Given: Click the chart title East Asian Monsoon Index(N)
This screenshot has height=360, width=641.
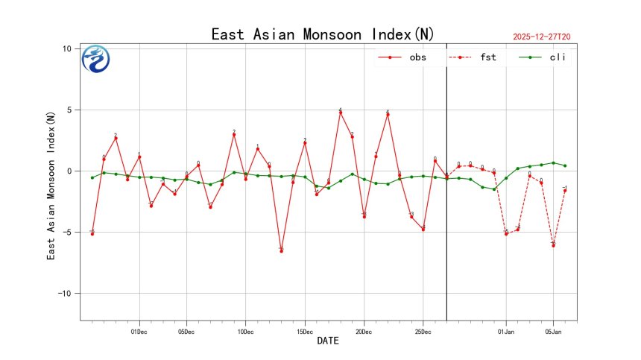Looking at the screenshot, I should [x=322, y=34].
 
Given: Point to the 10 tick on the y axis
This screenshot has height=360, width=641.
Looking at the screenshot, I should [x=66, y=48].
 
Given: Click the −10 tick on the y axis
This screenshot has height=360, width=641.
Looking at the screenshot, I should [x=63, y=294].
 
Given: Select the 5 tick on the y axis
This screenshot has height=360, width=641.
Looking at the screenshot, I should [x=68, y=110].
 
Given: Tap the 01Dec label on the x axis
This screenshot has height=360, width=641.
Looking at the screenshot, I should [x=139, y=331].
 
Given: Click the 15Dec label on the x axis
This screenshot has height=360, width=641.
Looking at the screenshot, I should [x=304, y=331].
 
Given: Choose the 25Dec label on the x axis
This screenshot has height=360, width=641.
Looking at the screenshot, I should [x=423, y=331].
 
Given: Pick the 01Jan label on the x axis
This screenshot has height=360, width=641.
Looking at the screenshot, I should [x=506, y=331].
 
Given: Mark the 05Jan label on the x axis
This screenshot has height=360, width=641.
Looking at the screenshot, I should [x=553, y=331].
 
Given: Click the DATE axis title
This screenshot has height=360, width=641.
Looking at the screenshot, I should [x=328, y=341].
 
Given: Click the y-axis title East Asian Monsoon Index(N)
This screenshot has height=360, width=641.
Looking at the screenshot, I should [x=51, y=186].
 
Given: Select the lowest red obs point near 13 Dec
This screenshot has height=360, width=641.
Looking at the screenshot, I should [x=281, y=251].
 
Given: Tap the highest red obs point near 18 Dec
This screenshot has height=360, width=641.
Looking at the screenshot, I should [x=341, y=112].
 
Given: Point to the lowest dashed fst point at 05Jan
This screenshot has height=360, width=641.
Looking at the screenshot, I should [x=553, y=245].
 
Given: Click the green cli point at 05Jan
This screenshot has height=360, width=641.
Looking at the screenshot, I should [x=553, y=162].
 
